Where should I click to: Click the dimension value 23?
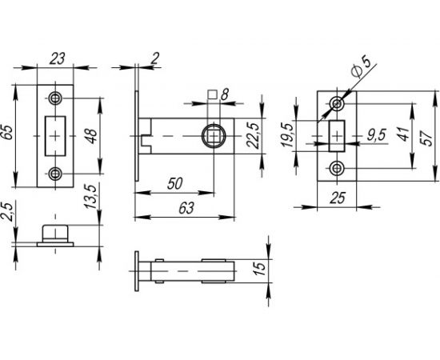pyautogui.click(x=56, y=58)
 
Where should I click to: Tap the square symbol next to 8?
pyautogui.click(x=212, y=95)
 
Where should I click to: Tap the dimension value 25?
pyautogui.click(x=337, y=197)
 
